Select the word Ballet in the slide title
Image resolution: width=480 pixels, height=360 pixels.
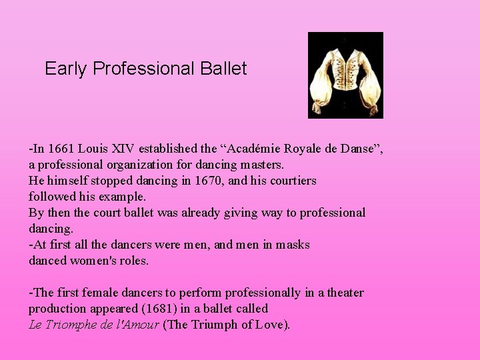tap(224, 69)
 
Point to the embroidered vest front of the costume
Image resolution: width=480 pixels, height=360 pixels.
tap(345, 77)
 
